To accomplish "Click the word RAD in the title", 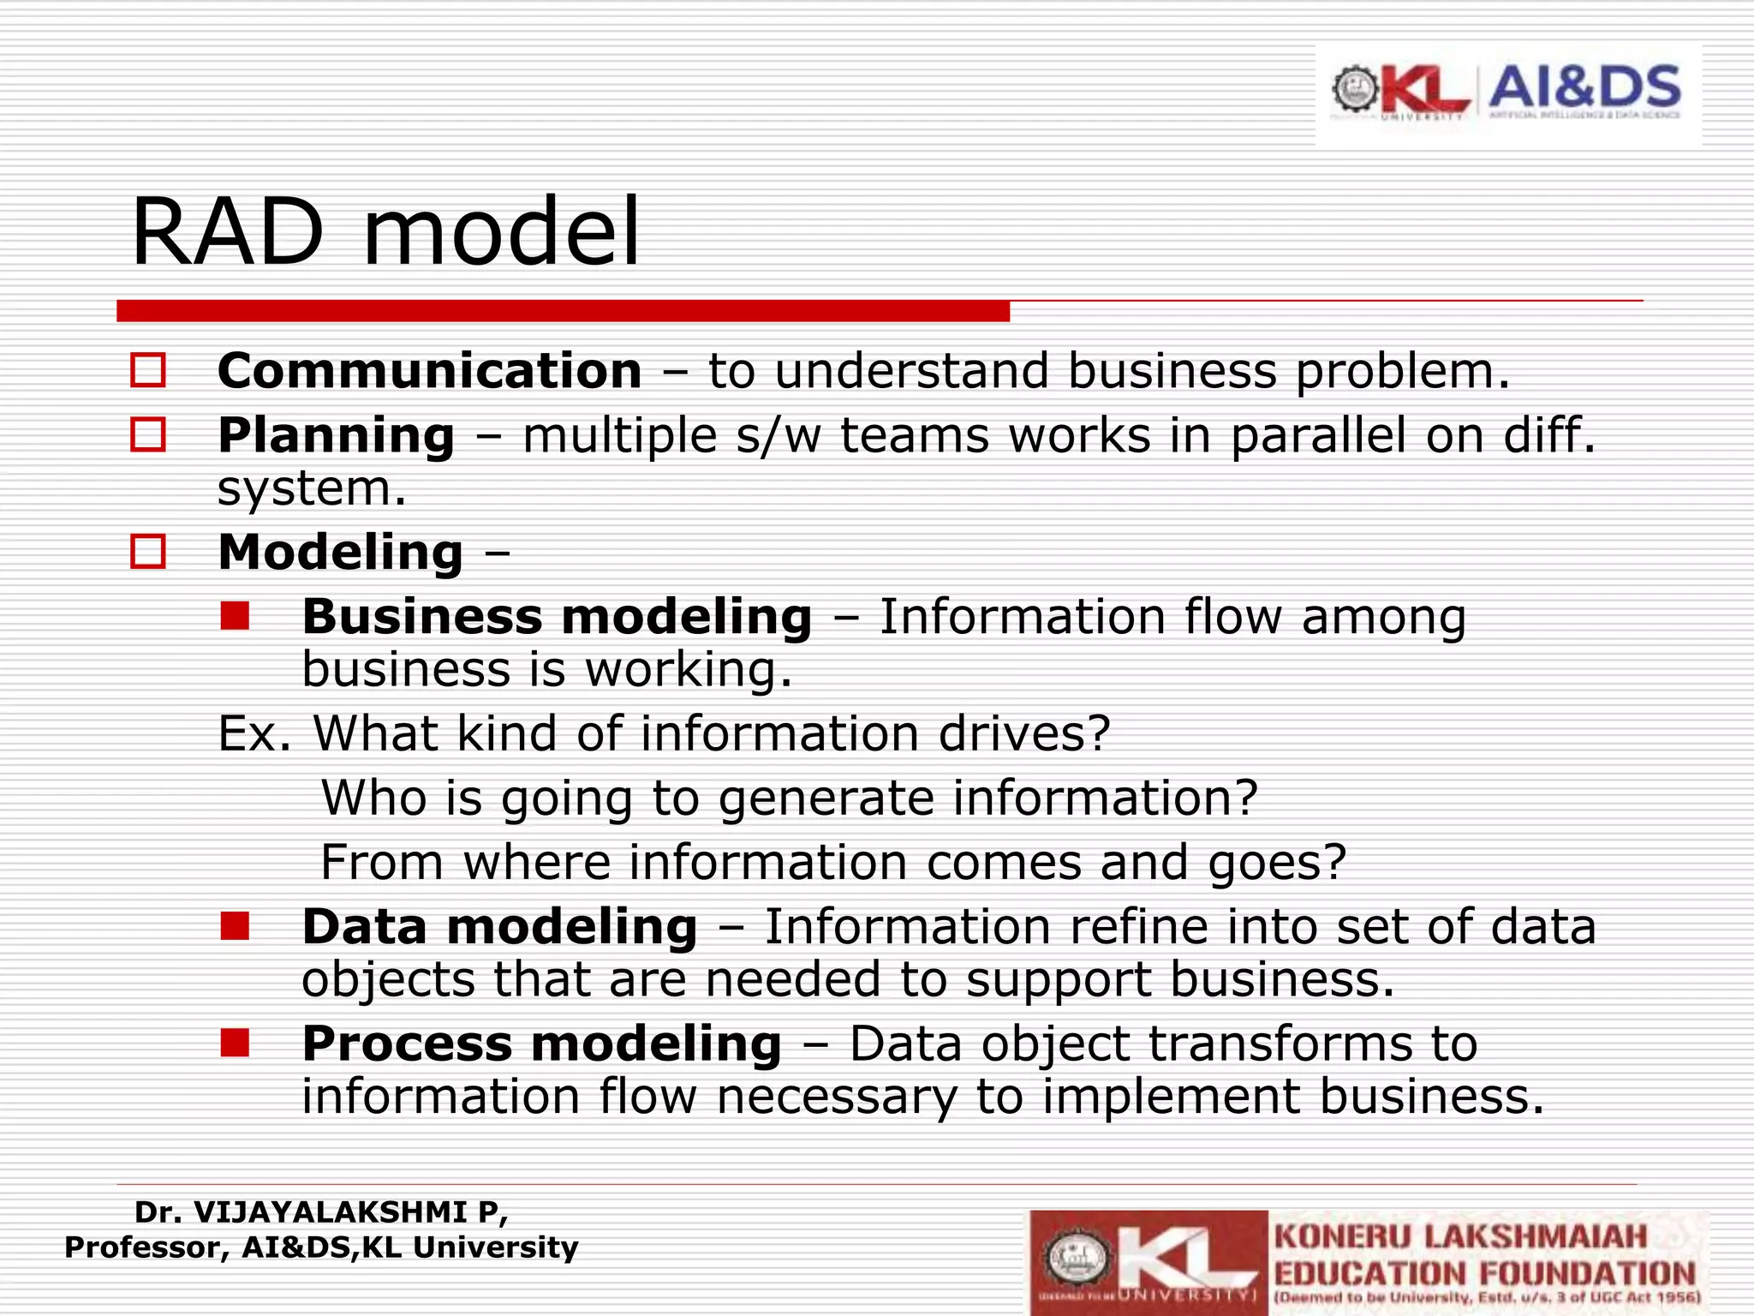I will pos(228,233).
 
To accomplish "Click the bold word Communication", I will pos(429,371).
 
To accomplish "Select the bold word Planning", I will pos(336,435).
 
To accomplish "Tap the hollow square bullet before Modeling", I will pos(147,552).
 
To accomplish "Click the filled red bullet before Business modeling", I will pos(234,616).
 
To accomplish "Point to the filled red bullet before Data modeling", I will pos(234,926).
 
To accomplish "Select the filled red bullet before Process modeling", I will pos(234,1043).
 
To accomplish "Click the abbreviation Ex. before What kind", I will pos(254,733).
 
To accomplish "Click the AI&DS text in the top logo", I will pos(1584,87).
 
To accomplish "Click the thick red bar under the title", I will pos(563,311).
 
